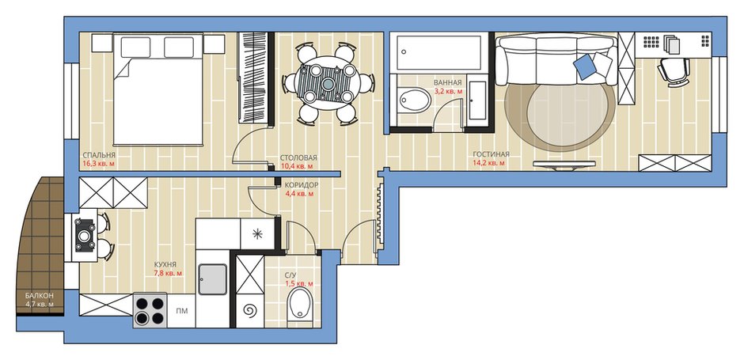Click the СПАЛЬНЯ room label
[x=99, y=155]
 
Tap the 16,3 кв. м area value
[x=99, y=164]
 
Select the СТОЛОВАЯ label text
[x=298, y=158]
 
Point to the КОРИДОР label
[x=302, y=185]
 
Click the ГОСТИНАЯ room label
[x=491, y=154]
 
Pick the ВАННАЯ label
[x=447, y=82]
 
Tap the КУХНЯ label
[x=165, y=265]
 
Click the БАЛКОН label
[x=40, y=295]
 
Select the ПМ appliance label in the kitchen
[x=181, y=311]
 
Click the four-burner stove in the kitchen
[x=150, y=310]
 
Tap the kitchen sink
[x=213, y=279]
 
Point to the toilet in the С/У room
[x=300, y=305]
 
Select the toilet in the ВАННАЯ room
[x=414, y=100]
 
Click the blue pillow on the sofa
[x=585, y=67]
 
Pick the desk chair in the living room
[x=673, y=72]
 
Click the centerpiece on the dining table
[x=328, y=84]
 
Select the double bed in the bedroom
[x=158, y=89]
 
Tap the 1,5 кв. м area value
[x=299, y=284]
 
